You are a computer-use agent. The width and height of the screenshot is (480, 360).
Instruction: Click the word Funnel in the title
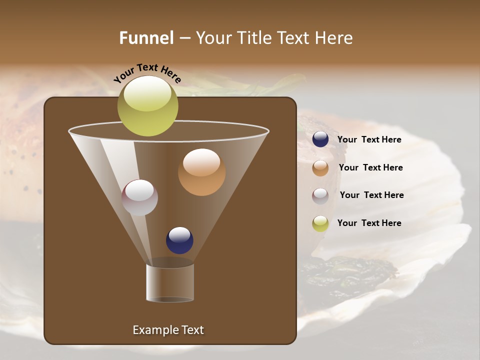[146, 38]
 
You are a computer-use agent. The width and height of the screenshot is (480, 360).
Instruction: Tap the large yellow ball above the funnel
[147, 106]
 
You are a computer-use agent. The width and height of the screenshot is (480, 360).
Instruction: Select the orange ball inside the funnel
[201, 172]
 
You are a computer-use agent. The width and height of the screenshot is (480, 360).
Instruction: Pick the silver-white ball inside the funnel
[139, 197]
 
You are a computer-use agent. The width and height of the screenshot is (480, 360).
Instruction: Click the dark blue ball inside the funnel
[179, 240]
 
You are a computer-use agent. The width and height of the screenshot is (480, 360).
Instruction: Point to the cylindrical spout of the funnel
[170, 283]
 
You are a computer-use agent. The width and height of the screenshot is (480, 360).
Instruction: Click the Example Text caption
[168, 330]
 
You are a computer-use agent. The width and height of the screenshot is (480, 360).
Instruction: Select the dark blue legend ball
[320, 139]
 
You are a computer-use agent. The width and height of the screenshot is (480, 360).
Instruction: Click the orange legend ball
[320, 168]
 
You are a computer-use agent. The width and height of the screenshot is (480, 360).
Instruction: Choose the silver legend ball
[320, 195]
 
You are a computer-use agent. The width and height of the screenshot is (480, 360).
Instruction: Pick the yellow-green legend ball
[320, 223]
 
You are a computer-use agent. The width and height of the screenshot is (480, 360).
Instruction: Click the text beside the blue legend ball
[369, 140]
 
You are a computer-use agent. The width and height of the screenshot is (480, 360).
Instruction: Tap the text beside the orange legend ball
[370, 168]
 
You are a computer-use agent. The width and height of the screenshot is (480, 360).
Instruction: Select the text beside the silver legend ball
[371, 195]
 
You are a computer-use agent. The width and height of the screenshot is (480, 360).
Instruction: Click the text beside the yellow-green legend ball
[369, 223]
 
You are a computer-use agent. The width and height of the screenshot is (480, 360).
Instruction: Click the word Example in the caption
[151, 330]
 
